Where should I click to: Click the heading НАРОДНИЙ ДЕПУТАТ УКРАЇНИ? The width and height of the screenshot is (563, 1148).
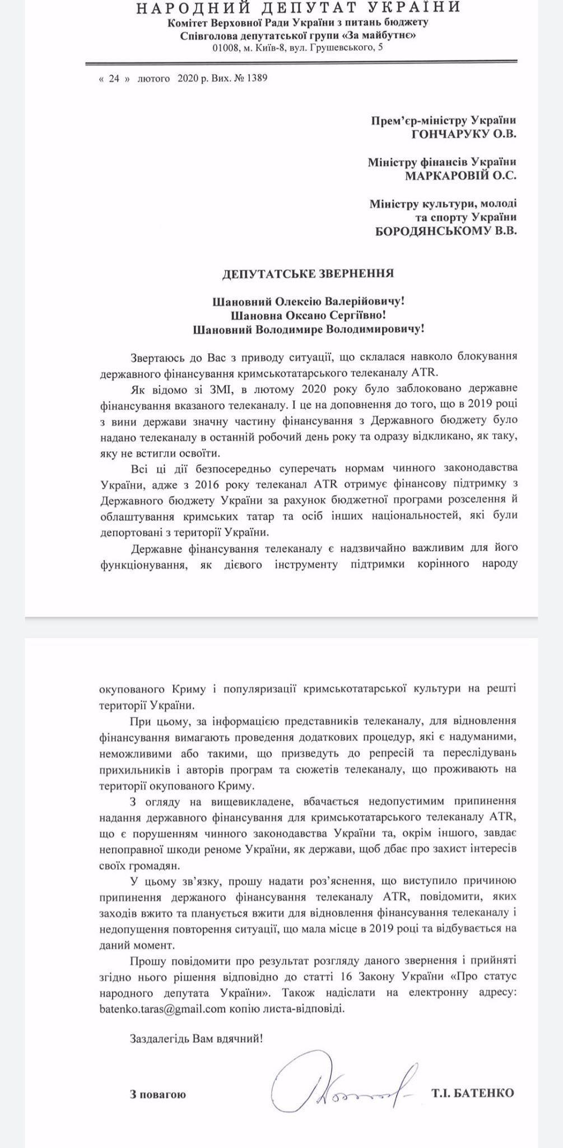click(x=298, y=8)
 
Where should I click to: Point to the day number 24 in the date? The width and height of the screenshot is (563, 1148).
click(x=114, y=78)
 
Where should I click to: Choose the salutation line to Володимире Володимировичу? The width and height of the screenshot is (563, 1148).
click(x=308, y=329)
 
